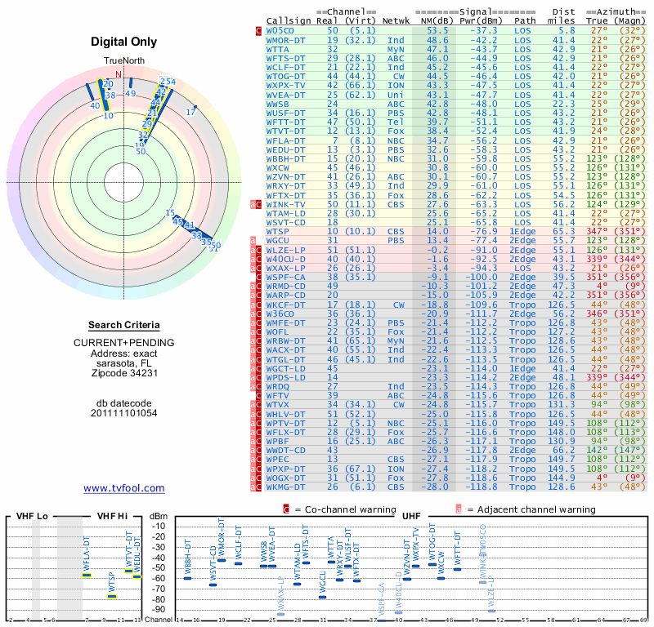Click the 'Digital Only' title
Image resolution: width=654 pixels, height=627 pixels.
(x=124, y=42)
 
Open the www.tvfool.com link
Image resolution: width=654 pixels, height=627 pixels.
(x=124, y=488)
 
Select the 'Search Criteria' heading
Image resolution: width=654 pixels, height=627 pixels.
(x=124, y=325)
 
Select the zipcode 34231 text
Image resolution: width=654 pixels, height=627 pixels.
(x=124, y=373)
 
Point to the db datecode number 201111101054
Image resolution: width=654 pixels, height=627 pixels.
(x=124, y=413)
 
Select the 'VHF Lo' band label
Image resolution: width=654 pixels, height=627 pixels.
(x=31, y=516)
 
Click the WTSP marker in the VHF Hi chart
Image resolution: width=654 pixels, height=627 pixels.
(x=112, y=596)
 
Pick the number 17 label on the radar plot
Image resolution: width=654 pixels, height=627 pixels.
(x=191, y=111)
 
